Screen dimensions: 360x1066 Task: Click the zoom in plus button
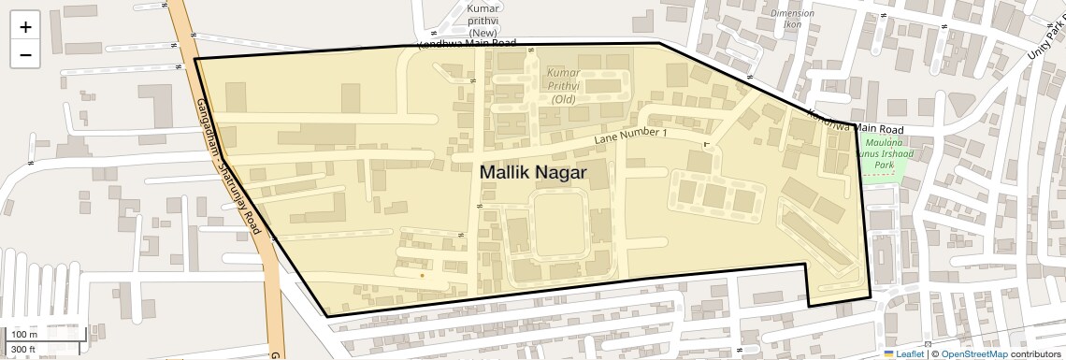tap(25, 27)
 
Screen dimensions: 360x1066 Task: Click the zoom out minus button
tap(25, 54)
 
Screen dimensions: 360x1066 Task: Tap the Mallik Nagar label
tap(533, 173)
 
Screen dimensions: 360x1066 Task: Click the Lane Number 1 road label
tap(632, 137)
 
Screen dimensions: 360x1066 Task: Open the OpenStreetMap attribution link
tap(974, 353)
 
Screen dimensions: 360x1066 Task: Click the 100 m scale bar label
tap(24, 334)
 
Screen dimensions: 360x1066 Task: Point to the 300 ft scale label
tap(23, 350)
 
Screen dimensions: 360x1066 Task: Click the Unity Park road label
tap(1043, 47)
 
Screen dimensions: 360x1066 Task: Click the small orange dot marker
tap(422, 275)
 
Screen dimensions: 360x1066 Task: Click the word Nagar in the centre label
tap(559, 173)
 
